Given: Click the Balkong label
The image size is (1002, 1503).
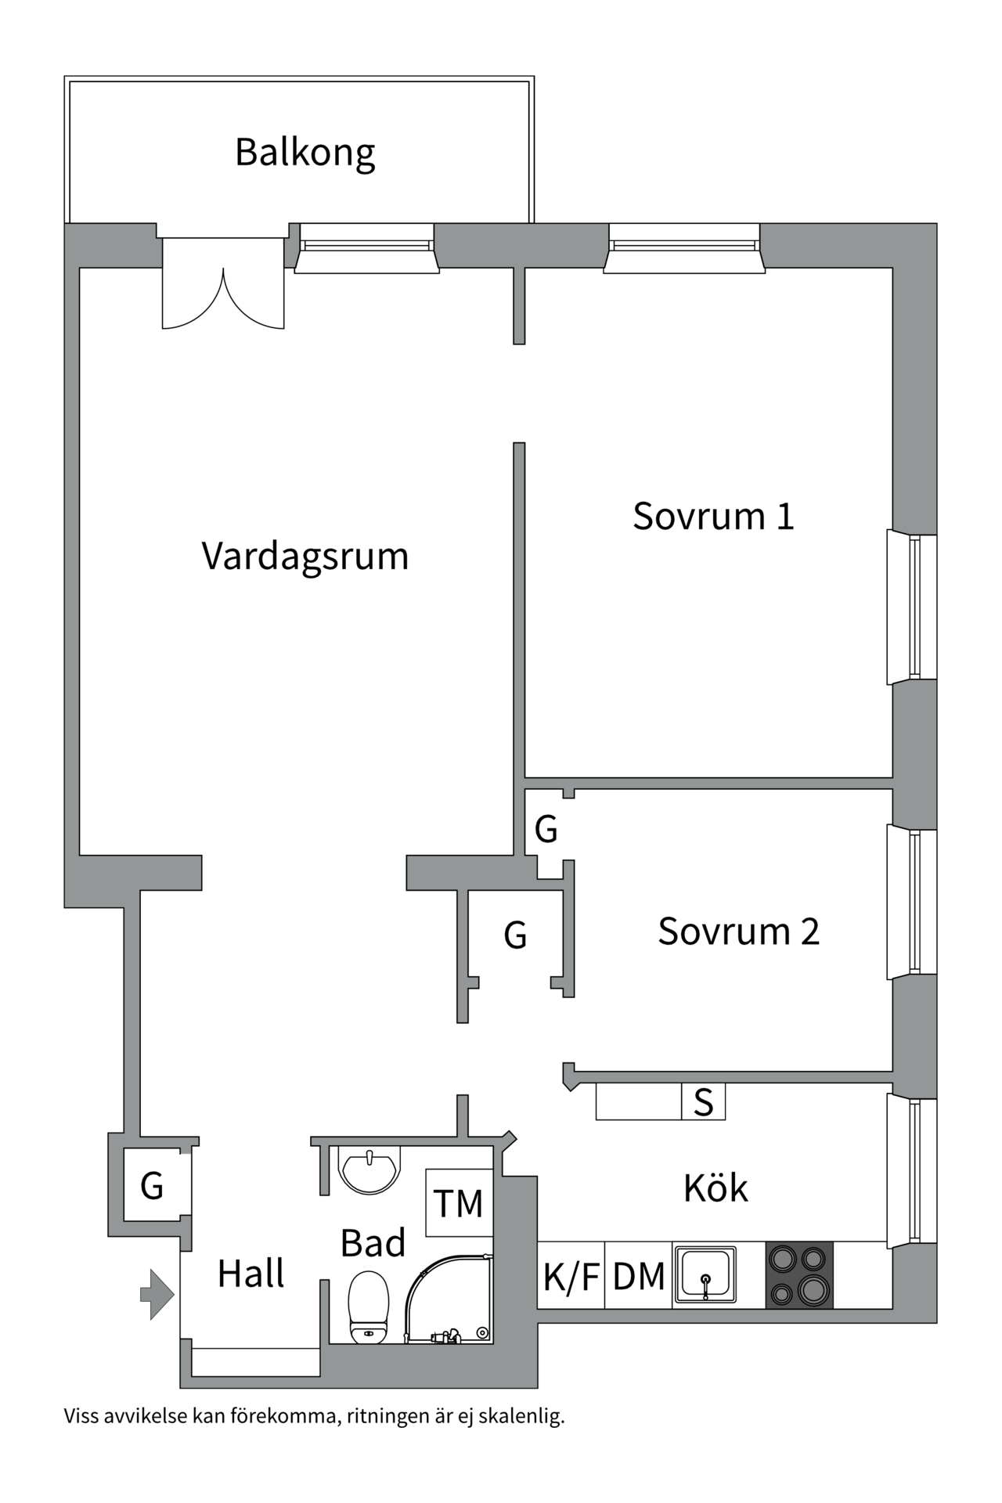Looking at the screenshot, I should (305, 153).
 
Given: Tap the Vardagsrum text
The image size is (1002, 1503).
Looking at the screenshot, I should (305, 557).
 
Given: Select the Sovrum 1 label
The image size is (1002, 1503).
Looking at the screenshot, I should (712, 517).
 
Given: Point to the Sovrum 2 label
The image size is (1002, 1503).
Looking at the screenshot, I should (737, 932).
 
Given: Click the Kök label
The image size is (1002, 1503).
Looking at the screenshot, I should (715, 1188).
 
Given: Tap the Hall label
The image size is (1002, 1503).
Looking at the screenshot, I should (250, 1274).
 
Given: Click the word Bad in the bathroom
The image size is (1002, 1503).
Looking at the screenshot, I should (373, 1243).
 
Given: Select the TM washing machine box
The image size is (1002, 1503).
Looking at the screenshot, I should (459, 1203).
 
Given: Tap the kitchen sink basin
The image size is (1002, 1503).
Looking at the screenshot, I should (705, 1274).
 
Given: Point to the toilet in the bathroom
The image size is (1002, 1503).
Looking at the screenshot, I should (368, 1307).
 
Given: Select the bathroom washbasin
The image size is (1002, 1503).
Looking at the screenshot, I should (369, 1169).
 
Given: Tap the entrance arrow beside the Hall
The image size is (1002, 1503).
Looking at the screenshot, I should (157, 1295).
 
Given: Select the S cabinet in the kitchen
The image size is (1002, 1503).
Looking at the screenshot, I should (703, 1102).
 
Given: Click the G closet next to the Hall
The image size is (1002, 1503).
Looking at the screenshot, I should (152, 1186).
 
